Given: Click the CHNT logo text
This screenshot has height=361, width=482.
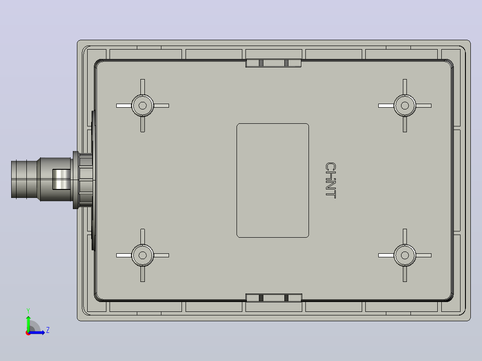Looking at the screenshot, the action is (330, 180).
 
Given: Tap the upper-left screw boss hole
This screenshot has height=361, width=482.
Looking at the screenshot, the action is (143, 106).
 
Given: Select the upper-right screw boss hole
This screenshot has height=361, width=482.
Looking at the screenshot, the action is (405, 106).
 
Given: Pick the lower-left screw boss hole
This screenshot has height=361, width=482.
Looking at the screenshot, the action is (143, 255).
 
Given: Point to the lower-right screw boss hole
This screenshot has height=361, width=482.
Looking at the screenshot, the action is (405, 255).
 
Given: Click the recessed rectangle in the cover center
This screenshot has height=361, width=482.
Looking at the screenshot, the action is (273, 180).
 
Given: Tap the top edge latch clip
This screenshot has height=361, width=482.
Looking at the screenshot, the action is (273, 63).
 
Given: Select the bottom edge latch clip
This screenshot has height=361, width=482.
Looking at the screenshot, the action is (274, 298).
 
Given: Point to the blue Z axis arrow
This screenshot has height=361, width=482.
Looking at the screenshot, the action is (36, 332).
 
